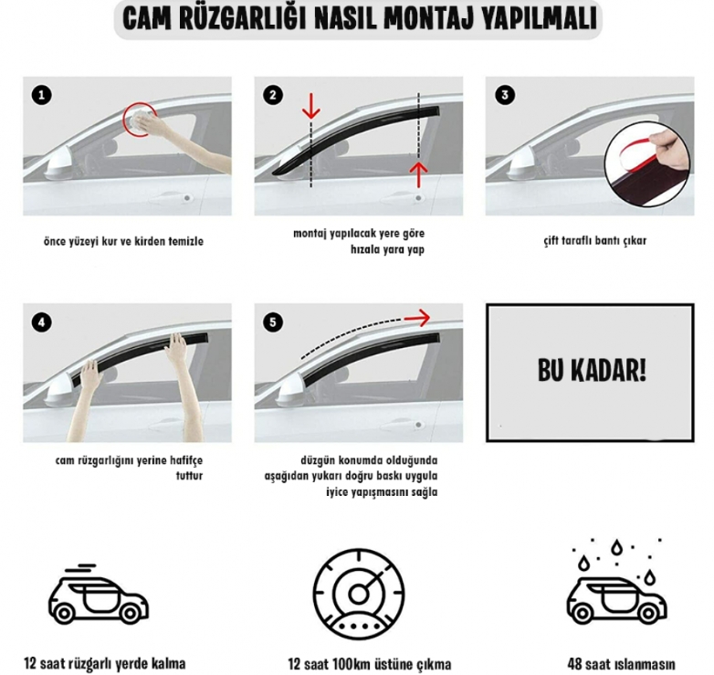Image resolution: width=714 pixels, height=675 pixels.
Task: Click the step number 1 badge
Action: coord(42,95)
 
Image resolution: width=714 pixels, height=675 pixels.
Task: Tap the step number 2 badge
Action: coord(273,95)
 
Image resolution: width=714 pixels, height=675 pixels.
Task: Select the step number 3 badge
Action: coord(505,95)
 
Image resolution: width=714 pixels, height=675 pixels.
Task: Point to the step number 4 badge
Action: coord(42,322)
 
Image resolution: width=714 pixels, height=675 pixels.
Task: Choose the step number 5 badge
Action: coord(273,322)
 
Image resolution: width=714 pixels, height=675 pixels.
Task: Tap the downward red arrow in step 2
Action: coord(311,106)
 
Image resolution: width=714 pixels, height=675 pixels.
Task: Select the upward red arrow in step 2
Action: coord(418,175)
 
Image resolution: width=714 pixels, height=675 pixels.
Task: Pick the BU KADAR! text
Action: coord(592,370)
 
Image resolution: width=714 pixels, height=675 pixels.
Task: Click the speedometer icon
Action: coord(359,594)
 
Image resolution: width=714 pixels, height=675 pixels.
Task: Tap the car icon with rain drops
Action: coord(616,582)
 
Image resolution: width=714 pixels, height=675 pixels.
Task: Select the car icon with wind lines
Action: coord(98,594)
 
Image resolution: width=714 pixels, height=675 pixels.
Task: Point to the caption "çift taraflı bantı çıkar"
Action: coord(594,241)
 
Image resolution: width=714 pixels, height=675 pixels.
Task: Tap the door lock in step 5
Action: coord(418,425)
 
